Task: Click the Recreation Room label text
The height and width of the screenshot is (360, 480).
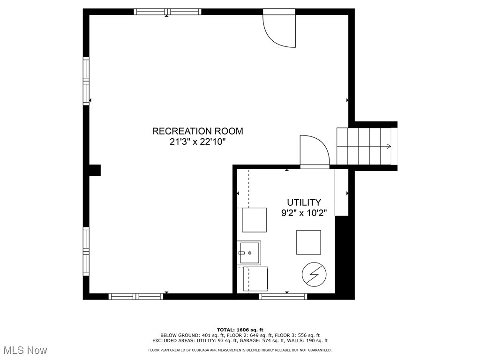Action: click(197, 131)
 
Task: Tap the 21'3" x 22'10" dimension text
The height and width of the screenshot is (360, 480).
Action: click(197, 142)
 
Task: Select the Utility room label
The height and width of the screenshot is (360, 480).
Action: click(304, 202)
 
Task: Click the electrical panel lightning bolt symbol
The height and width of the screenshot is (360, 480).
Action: click(311, 274)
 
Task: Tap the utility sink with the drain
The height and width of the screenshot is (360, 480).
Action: click(249, 253)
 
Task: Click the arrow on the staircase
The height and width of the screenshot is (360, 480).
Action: click(388, 146)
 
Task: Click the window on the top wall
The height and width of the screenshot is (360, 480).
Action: click(167, 12)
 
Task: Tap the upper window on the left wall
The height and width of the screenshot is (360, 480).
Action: click(86, 81)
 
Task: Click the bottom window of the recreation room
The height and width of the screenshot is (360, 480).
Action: click(136, 296)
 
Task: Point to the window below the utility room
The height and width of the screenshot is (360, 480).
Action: click(283, 296)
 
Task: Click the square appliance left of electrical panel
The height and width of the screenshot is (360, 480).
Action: click(255, 279)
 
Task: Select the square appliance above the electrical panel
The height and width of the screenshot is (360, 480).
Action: click(308, 242)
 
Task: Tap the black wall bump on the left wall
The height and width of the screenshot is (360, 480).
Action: click(95, 170)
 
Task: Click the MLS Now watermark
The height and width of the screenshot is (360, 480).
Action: click(25, 350)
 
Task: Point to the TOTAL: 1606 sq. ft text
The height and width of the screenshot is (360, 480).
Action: click(240, 330)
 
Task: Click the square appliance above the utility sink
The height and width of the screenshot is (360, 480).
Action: click(254, 220)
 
